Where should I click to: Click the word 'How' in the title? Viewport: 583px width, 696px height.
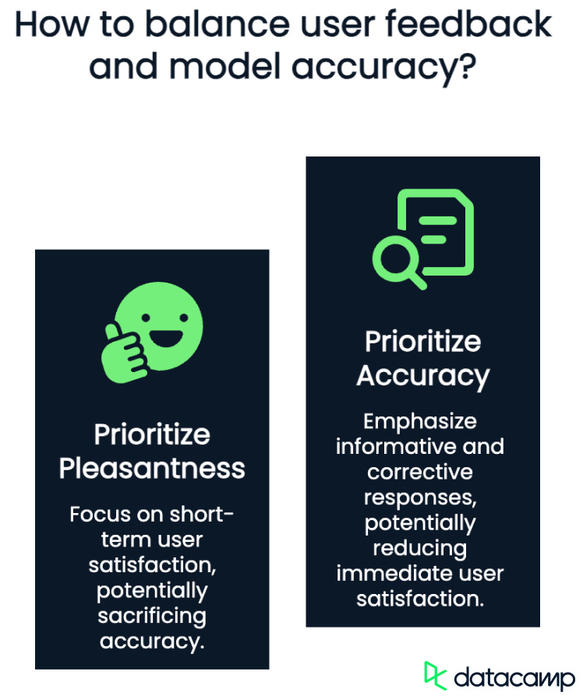48,25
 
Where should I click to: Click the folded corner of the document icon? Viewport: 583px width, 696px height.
459,204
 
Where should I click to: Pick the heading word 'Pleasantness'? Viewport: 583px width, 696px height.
152,469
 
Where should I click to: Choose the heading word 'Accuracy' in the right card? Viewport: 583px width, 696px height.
422,376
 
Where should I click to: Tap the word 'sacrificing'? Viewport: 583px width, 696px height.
152,616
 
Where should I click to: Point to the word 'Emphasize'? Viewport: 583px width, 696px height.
420,421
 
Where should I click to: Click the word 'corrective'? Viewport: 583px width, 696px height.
420,473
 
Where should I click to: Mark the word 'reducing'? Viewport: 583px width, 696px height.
420,548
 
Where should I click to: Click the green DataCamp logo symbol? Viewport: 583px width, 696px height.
435,674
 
